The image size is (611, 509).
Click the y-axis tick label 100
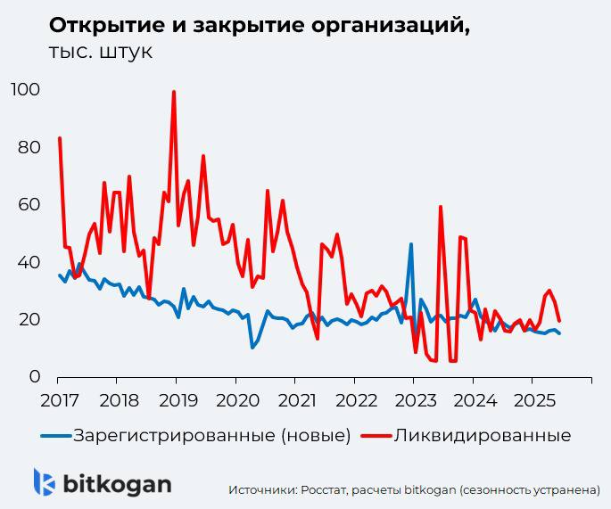(x=25, y=90)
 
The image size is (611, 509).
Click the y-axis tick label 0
(x=34, y=377)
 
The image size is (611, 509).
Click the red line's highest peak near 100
(x=173, y=92)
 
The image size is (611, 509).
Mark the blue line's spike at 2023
(x=411, y=243)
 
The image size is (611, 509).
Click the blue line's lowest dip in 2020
(x=252, y=347)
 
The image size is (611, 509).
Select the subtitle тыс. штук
(x=100, y=52)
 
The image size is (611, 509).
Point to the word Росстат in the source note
(x=325, y=489)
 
